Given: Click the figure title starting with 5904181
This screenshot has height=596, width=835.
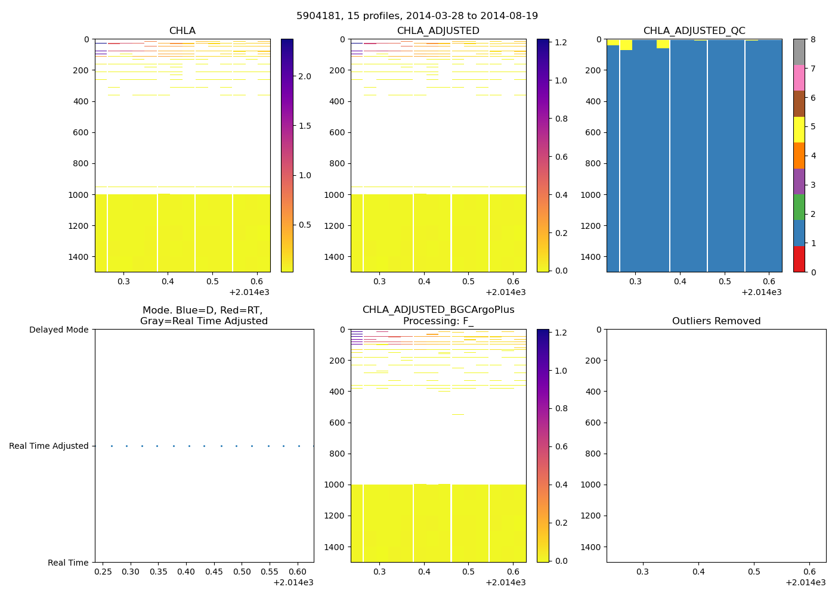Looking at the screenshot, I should [417, 16].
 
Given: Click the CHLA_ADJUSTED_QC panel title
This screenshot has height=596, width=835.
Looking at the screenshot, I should [694, 31].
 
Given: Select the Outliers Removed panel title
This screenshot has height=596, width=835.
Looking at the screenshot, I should [716, 321].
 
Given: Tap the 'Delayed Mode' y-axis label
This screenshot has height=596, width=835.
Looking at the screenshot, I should [58, 330].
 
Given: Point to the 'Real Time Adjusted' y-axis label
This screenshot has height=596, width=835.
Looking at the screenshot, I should [48, 446].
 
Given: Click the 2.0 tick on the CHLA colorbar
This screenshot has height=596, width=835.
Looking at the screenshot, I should [304, 76].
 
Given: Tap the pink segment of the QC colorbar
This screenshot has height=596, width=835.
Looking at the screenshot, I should [799, 77].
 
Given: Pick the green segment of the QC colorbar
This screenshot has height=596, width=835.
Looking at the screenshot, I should [799, 207].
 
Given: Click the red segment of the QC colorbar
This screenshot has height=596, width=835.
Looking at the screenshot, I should [799, 259].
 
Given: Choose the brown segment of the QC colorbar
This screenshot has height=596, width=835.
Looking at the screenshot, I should [799, 104].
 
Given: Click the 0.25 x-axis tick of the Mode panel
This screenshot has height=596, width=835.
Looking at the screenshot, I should [103, 572].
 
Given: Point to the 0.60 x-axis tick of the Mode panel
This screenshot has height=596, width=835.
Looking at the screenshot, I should [298, 572].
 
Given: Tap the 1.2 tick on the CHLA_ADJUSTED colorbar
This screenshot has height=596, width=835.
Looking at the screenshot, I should [561, 42].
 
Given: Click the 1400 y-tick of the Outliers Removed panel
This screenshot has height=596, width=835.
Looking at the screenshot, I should [591, 547].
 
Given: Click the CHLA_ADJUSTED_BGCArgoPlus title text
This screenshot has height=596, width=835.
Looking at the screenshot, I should [438, 310].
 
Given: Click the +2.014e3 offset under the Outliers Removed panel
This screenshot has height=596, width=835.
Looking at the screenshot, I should [805, 582].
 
